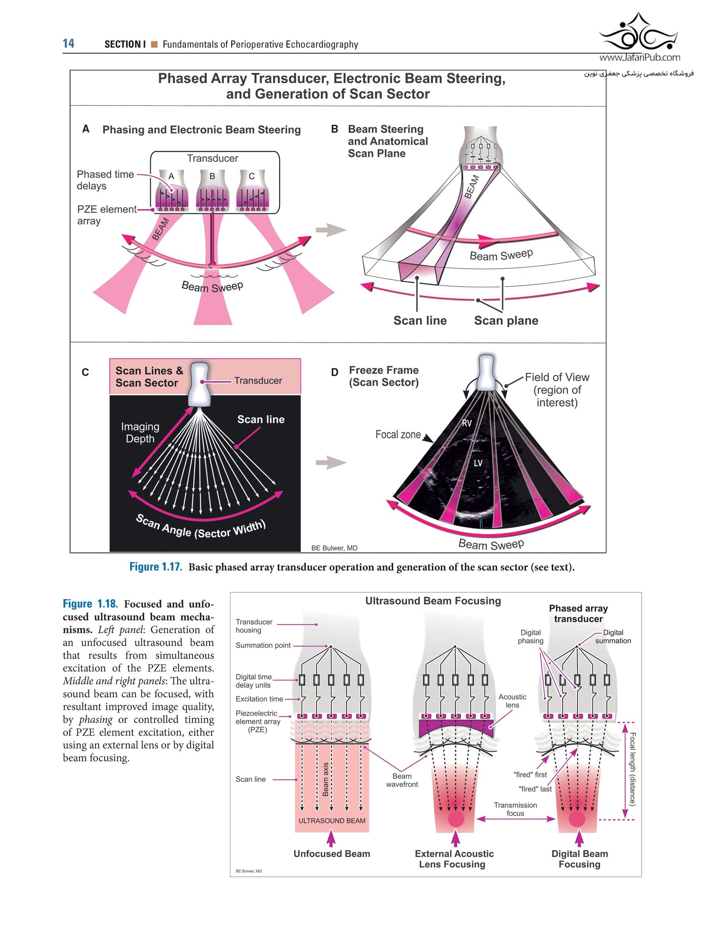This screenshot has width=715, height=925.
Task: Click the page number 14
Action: coord(68,43)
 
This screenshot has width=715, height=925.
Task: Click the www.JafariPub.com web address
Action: coord(639,57)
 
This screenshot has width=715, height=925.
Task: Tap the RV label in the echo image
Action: coord(466,423)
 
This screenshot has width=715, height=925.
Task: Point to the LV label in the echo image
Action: coord(478,463)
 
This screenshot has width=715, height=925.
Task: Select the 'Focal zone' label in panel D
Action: coord(398,434)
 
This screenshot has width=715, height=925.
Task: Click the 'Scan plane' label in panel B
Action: coord(506,321)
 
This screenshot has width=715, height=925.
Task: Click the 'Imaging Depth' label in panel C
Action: coord(140,432)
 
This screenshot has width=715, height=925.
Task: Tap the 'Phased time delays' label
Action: coord(105,180)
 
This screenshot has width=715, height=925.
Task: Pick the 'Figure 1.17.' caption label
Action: coord(155,567)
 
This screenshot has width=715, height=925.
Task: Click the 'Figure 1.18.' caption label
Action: coord(90,604)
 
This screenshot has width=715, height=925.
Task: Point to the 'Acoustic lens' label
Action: coord(512,700)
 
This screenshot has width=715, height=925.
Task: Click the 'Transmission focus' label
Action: coord(515,809)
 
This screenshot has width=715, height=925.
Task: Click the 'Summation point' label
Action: coord(263,645)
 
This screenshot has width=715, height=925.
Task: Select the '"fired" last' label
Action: coord(535,789)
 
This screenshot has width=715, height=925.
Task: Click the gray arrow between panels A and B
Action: coord(330,230)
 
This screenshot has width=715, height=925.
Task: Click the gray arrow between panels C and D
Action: coord(330,463)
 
